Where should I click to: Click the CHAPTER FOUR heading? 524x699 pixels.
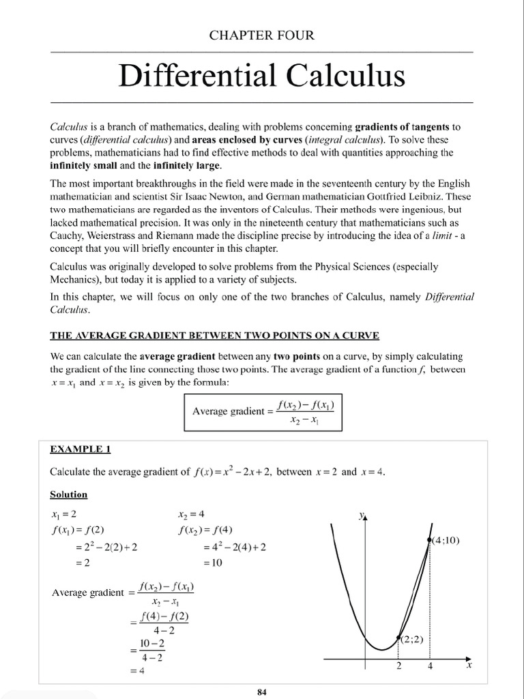[262, 35]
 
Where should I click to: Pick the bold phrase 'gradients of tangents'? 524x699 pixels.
[397, 126]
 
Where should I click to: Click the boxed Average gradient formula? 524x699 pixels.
[263, 412]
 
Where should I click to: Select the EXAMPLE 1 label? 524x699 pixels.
[80, 450]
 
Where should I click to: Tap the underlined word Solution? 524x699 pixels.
[68, 494]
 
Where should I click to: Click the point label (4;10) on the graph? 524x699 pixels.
[445, 541]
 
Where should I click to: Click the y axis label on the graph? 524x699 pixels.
[362, 517]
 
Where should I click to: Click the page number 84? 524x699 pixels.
[262, 691]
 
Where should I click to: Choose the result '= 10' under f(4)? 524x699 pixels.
[213, 564]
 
